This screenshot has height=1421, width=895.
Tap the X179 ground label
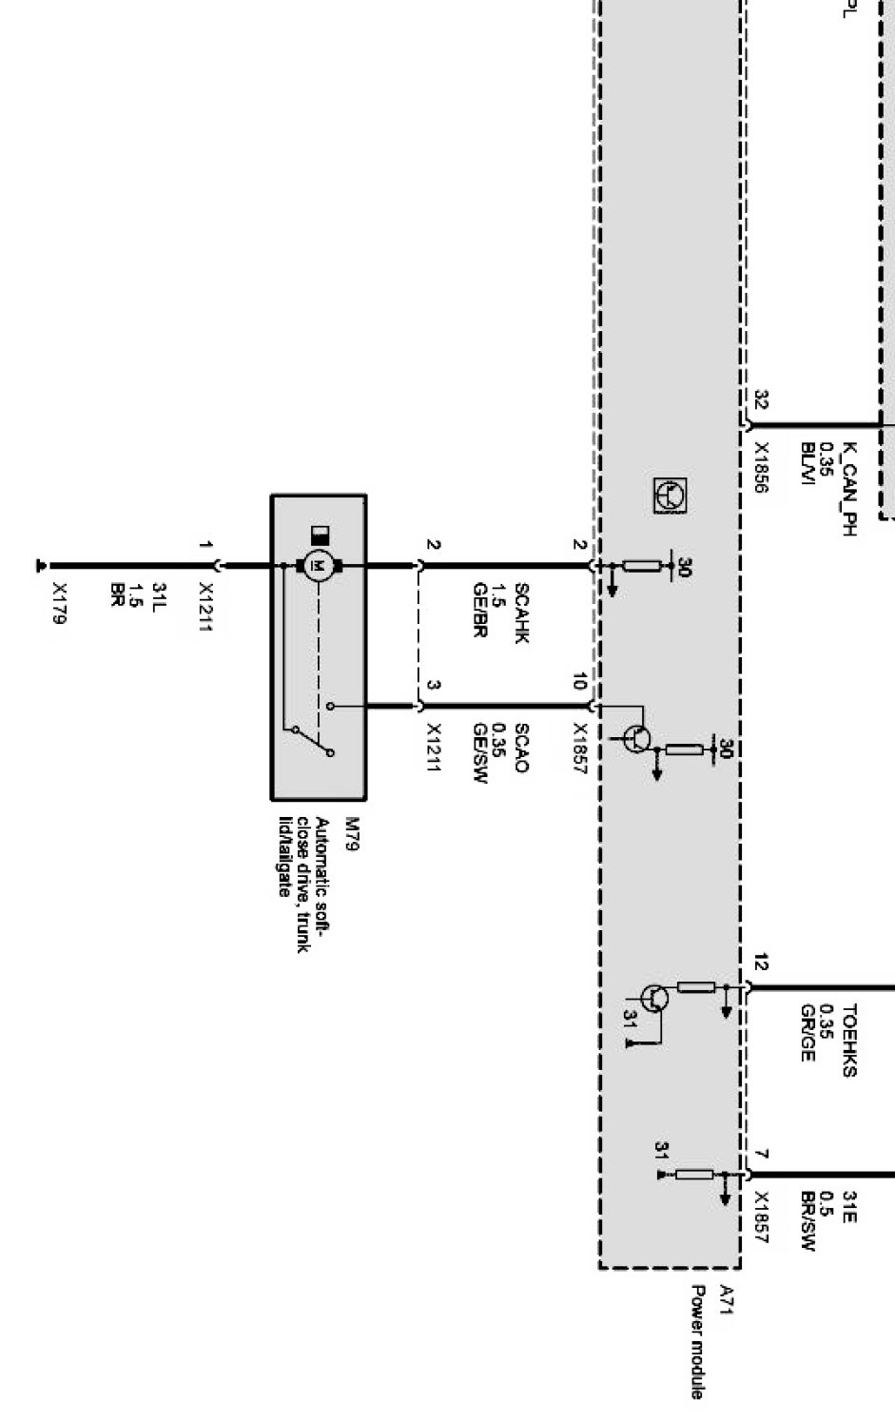point(60,603)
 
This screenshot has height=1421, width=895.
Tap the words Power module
point(697,1342)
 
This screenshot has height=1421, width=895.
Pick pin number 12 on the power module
point(760,964)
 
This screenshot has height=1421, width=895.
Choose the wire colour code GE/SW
point(480,753)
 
